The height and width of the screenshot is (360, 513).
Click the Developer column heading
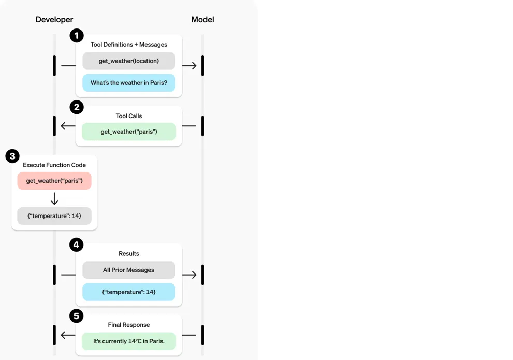[x=54, y=20]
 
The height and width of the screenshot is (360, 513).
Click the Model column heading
[x=202, y=20]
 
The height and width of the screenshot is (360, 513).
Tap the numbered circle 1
[x=77, y=36]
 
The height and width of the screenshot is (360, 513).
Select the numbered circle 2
[x=77, y=107]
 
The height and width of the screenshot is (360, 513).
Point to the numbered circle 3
[x=12, y=156]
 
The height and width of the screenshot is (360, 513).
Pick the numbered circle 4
[x=77, y=244]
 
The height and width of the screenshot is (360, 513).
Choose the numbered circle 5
[x=77, y=316]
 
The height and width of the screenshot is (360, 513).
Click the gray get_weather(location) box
[x=129, y=61]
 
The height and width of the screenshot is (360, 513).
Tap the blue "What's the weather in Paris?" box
[x=129, y=83]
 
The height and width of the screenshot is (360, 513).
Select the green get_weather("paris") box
[x=129, y=132]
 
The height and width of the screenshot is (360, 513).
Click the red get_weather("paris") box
[x=54, y=181]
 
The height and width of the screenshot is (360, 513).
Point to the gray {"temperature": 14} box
[x=54, y=216]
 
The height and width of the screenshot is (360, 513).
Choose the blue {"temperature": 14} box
[x=129, y=292]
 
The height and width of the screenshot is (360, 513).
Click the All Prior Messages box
[x=129, y=270]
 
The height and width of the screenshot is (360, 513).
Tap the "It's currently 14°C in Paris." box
[x=129, y=341]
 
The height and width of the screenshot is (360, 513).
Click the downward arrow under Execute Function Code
[x=54, y=198]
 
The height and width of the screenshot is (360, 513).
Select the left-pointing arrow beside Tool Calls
[x=68, y=126]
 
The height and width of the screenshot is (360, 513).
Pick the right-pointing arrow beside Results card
[x=189, y=275]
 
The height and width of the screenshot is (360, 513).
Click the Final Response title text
[x=129, y=325]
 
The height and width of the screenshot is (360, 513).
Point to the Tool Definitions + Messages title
[x=129, y=45]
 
